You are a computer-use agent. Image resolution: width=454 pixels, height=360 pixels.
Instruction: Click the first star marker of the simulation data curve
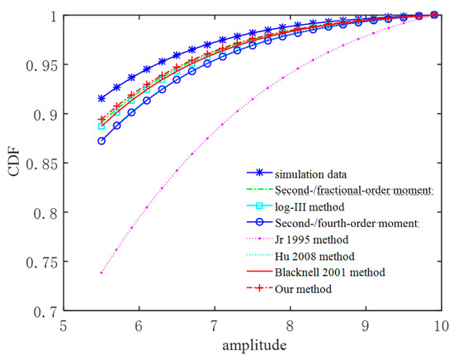pos(102,98)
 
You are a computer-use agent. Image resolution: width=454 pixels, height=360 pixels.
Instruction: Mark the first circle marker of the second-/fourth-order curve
pos(102,141)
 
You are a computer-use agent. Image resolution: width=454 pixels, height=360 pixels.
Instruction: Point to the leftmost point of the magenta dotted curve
pos(102,272)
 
